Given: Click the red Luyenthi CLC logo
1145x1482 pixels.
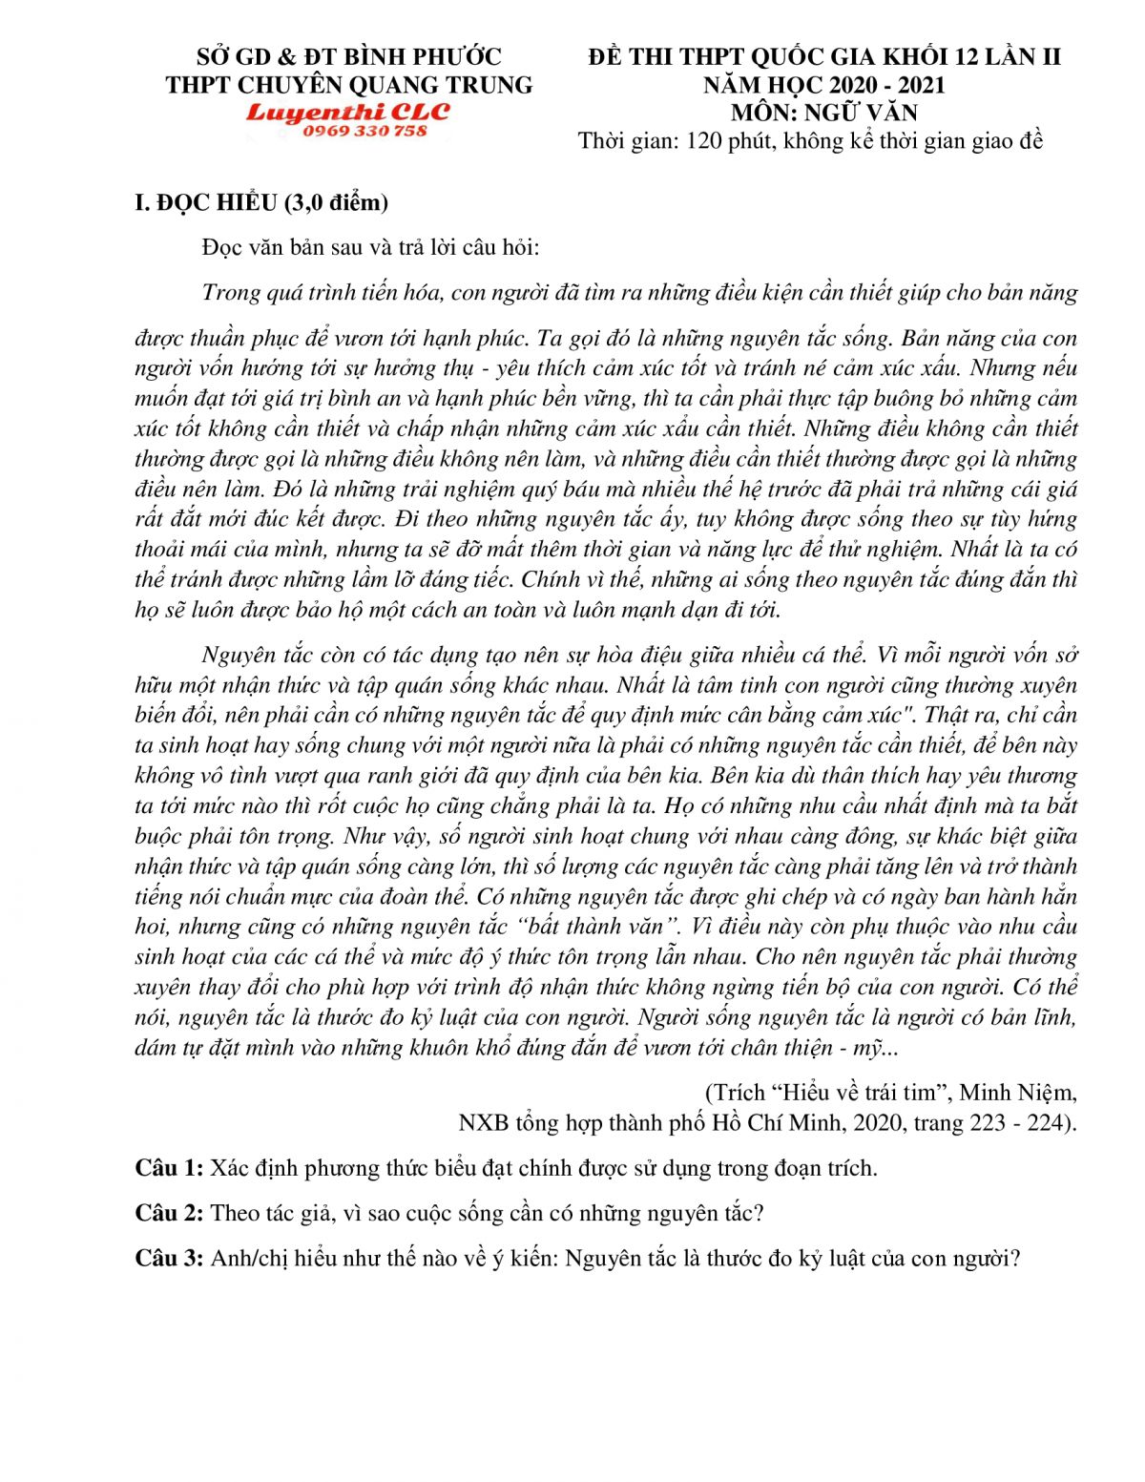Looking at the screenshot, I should coord(347,113).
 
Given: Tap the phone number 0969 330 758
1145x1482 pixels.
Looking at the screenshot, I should coord(364,131).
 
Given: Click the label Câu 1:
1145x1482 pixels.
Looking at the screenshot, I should coord(169,1168).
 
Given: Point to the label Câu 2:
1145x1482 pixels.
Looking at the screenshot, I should coord(169,1213).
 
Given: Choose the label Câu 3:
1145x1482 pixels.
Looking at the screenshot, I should coord(169,1258).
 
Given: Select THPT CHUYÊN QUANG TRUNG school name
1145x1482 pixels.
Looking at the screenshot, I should coord(348,85).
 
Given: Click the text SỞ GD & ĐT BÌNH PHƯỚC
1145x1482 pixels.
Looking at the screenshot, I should coord(348,57).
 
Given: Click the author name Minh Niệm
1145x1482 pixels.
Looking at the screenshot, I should coord(1017,1093).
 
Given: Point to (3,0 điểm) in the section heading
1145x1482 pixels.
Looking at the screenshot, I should coord(335,202).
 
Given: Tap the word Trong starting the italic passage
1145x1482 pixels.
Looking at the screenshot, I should coord(230,292).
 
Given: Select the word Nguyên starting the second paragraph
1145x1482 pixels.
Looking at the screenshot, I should coord(239,655).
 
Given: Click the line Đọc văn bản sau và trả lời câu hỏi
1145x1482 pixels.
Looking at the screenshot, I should coord(371,247).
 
